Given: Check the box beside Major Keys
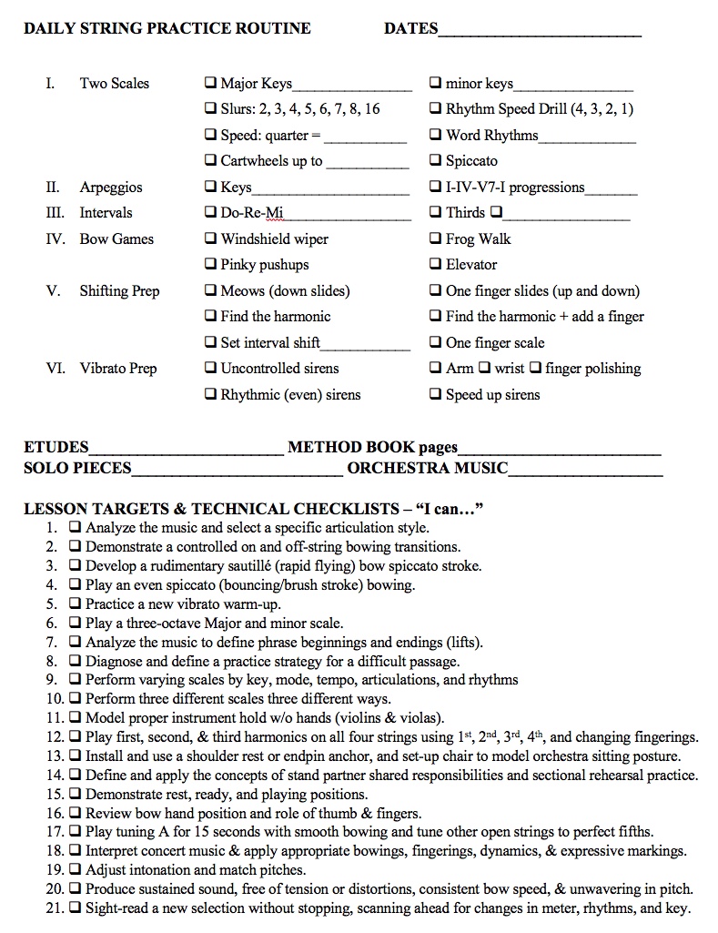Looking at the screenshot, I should coord(211,84).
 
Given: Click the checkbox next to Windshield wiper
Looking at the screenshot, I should coord(211,239).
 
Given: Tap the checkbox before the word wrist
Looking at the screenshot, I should coord(485,369).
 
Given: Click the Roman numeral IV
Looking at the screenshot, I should coord(54,239).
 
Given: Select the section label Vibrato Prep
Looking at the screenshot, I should coord(118,369).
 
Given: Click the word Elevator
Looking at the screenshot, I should coord(471,265).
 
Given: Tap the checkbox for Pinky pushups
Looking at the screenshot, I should coord(211,265).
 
